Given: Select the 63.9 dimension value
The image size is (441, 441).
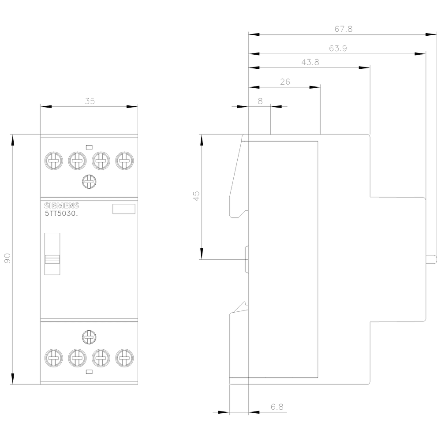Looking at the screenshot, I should pyautogui.click(x=338, y=49).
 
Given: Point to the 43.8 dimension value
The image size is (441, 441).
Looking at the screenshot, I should pyautogui.click(x=310, y=63).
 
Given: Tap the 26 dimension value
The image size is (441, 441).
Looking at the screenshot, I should pyautogui.click(x=285, y=82).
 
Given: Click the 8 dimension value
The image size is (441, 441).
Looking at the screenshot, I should pyautogui.click(x=260, y=101).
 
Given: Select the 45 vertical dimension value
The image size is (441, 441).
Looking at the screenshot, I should pyautogui.click(x=196, y=196).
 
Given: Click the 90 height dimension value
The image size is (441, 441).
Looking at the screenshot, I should pyautogui.click(x=7, y=259).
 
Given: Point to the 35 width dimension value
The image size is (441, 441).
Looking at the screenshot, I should pyautogui.click(x=90, y=101).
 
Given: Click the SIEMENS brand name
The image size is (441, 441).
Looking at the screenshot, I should pyautogui.click(x=61, y=206).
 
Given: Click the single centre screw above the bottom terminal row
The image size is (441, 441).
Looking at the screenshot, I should pyautogui.click(x=89, y=337).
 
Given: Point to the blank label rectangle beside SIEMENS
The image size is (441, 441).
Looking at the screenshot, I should pyautogui.click(x=124, y=209).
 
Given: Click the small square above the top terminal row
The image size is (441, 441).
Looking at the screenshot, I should pyautogui.click(x=89, y=146).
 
